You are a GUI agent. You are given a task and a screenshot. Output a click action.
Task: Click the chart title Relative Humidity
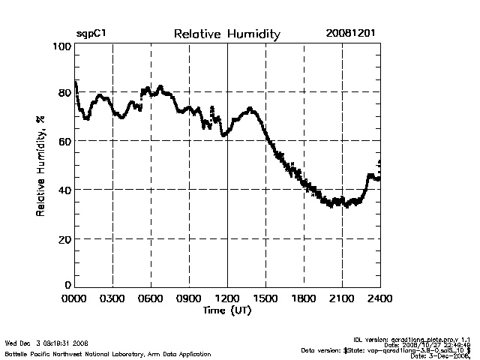point(226,34)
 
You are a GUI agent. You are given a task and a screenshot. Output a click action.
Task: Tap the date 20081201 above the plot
point(351,34)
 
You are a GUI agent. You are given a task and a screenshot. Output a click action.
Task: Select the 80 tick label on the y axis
point(64,93)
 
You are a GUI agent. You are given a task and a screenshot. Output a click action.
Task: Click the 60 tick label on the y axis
point(64,141)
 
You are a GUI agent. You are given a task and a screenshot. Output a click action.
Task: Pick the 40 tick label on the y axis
point(64,190)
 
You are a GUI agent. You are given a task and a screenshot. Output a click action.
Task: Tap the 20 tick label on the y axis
point(64,238)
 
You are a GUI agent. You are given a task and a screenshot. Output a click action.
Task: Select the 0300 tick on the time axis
point(112,298)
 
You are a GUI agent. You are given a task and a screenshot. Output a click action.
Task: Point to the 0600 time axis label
point(151,298)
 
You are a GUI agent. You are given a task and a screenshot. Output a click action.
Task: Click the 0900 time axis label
point(189,298)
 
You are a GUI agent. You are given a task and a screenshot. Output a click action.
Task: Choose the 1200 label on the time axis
point(227,298)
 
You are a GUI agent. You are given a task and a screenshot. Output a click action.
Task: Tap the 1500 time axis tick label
point(265,298)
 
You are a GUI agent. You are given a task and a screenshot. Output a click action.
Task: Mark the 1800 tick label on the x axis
point(304,298)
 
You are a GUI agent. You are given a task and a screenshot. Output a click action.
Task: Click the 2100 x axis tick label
point(342,298)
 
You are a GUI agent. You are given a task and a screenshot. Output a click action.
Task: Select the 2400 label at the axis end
point(379,298)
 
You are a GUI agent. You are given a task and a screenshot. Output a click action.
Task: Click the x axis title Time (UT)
point(227,310)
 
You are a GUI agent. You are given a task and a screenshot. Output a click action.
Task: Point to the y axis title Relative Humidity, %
point(40,166)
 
